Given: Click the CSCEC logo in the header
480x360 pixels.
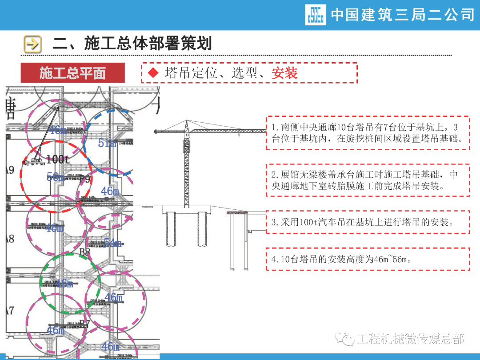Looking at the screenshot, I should click(316, 15).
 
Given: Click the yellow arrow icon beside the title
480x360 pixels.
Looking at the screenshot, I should click(32, 44).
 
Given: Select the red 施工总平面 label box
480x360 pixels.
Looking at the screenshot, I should click(72, 73).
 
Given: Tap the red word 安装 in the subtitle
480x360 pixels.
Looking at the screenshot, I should click(285, 73).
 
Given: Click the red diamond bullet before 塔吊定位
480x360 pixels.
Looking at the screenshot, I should click(153, 73).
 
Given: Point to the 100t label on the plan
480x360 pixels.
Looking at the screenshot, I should click(58, 159).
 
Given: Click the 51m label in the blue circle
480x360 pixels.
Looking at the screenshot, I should click(107, 143).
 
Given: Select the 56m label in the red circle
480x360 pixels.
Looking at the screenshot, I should click(56, 176).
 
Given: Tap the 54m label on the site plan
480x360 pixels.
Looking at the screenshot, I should click(112, 243).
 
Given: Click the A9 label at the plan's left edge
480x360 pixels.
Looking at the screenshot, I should click(10, 170).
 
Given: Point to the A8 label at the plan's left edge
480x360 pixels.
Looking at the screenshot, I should click(10, 239).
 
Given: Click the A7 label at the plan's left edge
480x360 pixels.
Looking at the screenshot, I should click(10, 310).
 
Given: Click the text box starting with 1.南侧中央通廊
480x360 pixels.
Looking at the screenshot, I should click(368, 133).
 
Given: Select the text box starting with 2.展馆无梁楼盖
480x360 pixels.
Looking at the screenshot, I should click(368, 180).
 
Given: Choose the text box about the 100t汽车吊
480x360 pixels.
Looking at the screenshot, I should click(368, 222).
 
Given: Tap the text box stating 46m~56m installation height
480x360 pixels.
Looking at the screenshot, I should click(368, 259).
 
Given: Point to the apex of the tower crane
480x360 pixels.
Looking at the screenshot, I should click(186, 121).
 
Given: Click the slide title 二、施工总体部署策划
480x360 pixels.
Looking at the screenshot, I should click(132, 44).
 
